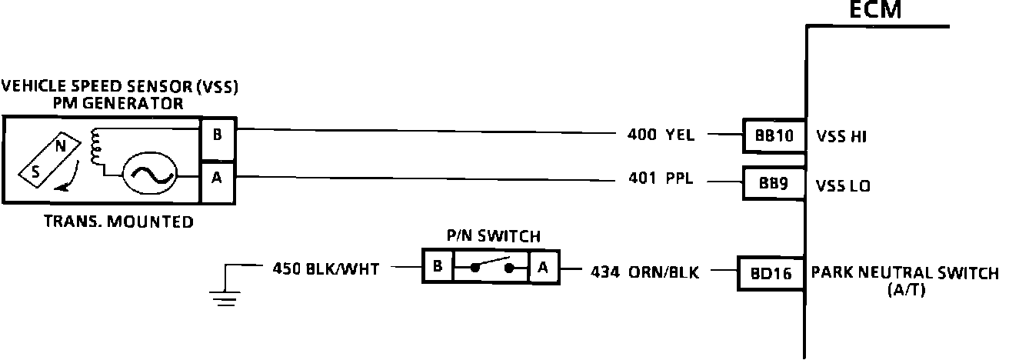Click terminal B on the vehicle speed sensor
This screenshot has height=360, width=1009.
pyautogui.click(x=218, y=135)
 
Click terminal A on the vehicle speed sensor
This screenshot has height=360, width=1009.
pyautogui.click(x=218, y=178)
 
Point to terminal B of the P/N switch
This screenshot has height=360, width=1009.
pyautogui.click(x=437, y=267)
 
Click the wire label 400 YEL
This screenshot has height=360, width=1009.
pyautogui.click(x=661, y=135)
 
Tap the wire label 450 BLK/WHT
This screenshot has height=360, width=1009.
pyautogui.click(x=326, y=269)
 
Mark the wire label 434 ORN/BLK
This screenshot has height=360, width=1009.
pyautogui.click(x=644, y=272)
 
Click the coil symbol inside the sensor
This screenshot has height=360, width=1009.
pyautogui.click(x=97, y=147)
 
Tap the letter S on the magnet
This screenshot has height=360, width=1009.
pyautogui.click(x=35, y=173)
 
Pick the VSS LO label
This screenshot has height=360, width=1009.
pyautogui.click(x=843, y=185)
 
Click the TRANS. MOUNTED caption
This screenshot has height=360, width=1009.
pyautogui.click(x=118, y=222)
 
